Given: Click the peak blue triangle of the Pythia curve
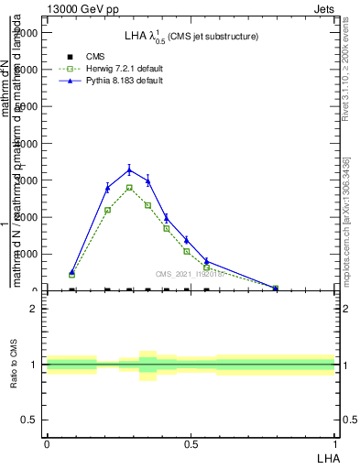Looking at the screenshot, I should tap(129, 169).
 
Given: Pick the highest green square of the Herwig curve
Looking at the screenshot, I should tap(129, 188).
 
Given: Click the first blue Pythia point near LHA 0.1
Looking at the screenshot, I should tap(72, 272).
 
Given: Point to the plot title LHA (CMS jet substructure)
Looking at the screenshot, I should tap(191, 36).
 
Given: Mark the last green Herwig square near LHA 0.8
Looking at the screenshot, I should tap(276, 289).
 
